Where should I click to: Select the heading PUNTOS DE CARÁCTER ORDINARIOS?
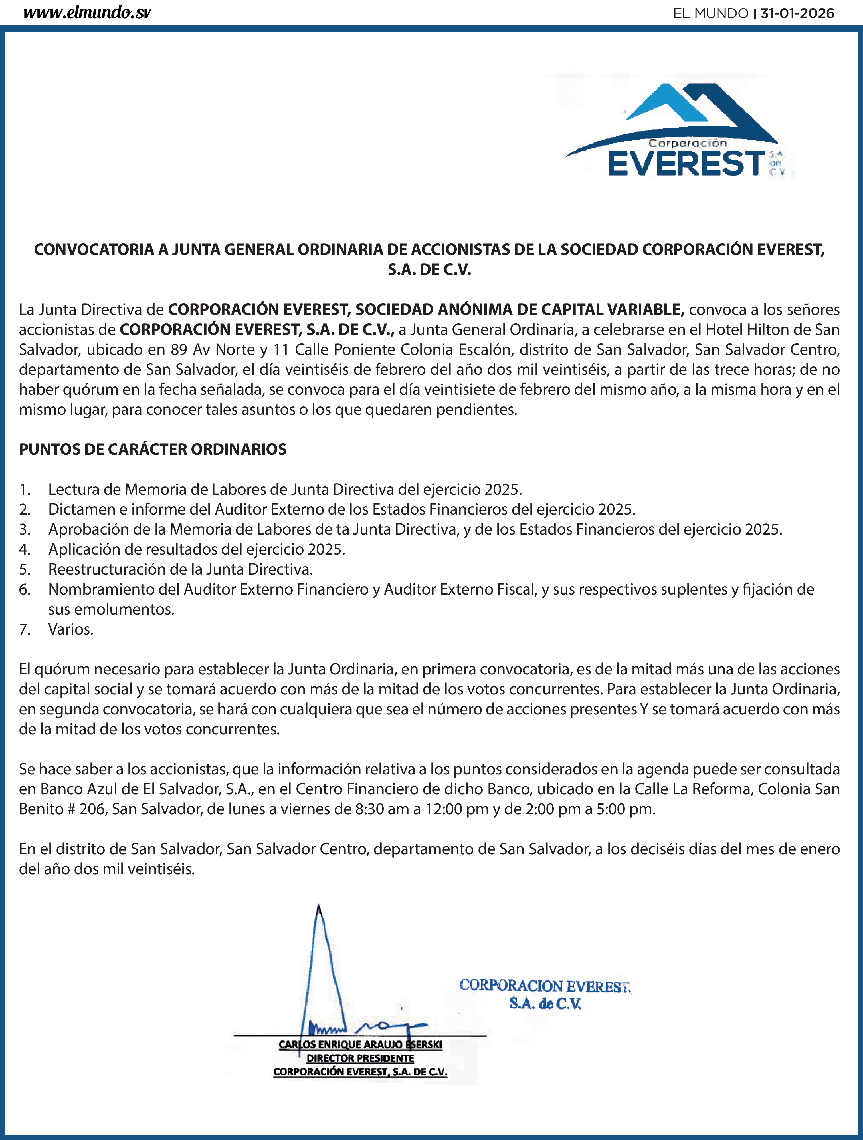click(153, 449)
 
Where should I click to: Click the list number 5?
click(24, 569)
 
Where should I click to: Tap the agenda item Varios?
click(70, 629)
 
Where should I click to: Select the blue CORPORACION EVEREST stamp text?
click(545, 986)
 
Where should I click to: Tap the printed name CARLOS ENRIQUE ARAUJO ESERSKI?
click(360, 1045)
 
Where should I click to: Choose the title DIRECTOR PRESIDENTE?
click(360, 1058)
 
